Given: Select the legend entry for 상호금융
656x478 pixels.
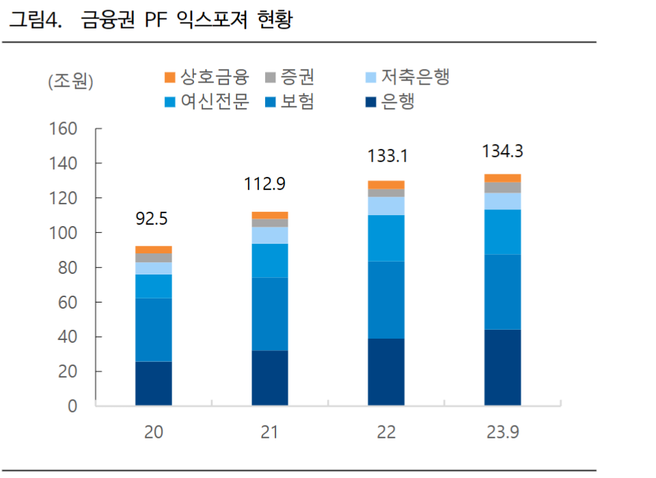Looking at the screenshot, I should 208,76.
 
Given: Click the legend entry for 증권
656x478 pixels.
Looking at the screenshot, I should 290,76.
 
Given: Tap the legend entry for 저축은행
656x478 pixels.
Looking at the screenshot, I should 407,76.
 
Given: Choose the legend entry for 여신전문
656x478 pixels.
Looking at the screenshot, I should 208,102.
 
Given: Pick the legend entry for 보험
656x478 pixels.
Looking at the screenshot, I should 290,102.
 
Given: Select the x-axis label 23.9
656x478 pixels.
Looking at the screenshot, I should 503,434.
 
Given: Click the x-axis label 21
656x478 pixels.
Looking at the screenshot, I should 270,434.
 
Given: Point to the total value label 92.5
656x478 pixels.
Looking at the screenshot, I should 153,219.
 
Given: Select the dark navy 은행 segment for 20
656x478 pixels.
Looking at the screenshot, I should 153,384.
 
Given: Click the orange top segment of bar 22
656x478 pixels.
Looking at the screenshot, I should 386,184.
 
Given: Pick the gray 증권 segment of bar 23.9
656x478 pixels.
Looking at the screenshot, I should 503,188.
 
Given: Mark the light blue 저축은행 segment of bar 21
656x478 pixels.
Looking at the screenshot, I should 270,236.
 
